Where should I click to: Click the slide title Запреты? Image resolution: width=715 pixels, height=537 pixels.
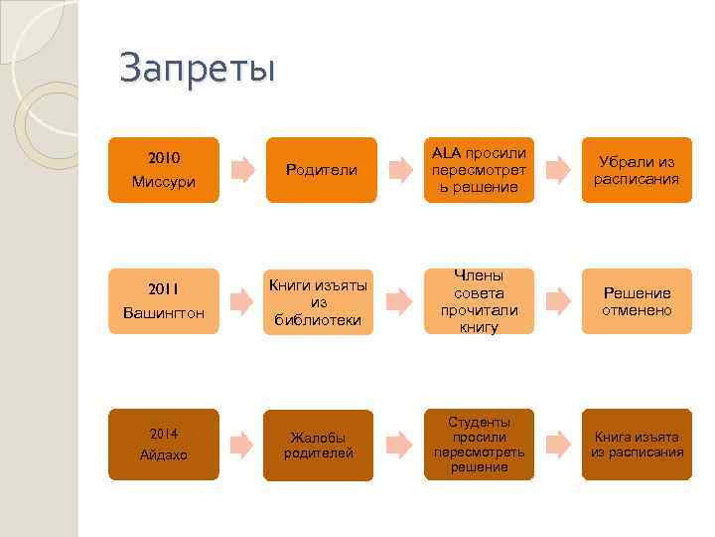[x=197, y=69]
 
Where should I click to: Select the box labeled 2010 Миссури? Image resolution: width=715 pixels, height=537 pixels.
[x=163, y=170]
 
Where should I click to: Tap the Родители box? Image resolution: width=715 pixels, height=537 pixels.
[x=321, y=170]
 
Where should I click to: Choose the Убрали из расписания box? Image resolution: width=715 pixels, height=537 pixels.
[x=637, y=170]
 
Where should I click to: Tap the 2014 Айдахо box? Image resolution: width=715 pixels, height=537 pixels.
[x=163, y=444]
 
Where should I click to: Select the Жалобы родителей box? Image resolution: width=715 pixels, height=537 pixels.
[x=321, y=445]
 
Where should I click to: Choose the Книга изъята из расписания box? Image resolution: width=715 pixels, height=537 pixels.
[x=637, y=444]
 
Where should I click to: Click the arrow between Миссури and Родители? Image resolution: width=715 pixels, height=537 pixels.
[x=241, y=170]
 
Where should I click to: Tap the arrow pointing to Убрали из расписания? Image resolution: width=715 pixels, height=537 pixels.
[x=559, y=170]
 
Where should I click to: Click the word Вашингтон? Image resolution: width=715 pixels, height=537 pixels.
[x=163, y=313]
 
